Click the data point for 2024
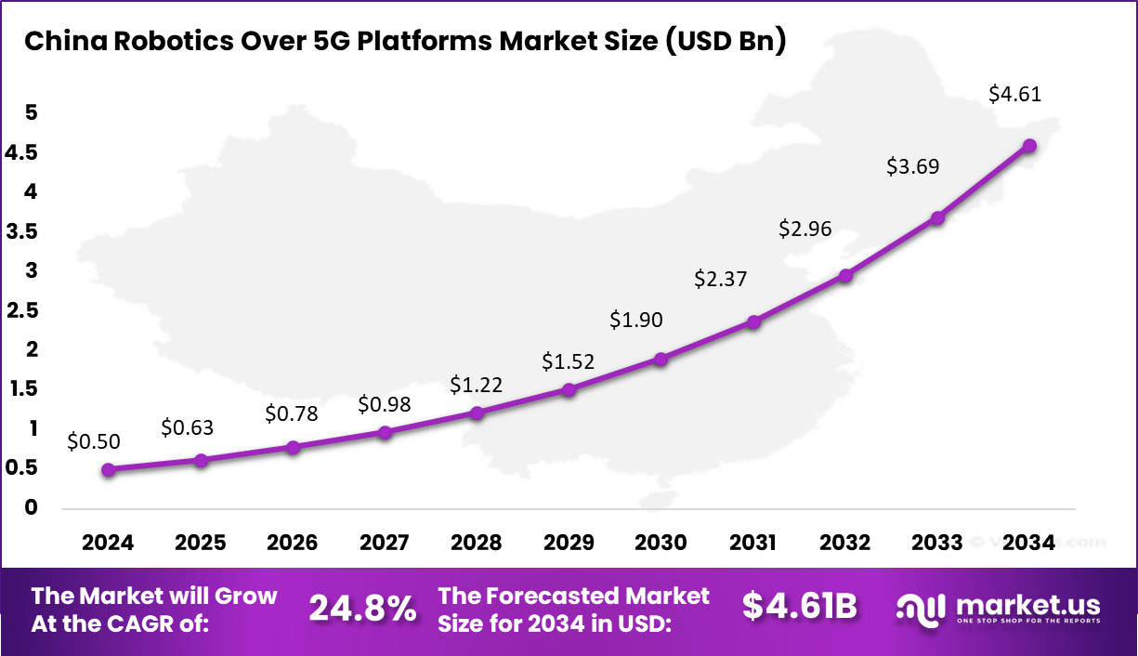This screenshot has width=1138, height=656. (109, 470)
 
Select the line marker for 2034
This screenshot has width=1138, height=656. (1029, 146)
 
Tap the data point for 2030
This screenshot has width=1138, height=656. (661, 359)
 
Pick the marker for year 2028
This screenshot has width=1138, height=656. (477, 413)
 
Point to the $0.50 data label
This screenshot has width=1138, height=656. (94, 442)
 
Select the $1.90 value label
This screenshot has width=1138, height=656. (635, 319)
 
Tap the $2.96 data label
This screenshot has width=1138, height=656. (805, 229)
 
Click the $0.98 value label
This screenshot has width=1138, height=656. (385, 404)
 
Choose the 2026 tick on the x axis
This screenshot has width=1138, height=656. (293, 543)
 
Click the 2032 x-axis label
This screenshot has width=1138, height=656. (845, 543)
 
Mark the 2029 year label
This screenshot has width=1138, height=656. (569, 543)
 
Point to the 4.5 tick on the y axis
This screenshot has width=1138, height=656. (21, 152)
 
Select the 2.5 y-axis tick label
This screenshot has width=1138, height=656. (21, 310)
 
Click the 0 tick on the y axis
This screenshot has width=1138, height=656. (32, 507)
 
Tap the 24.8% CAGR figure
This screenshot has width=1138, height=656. (362, 609)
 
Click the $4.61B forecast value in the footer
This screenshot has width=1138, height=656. (799, 606)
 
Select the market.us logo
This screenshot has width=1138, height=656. (999, 608)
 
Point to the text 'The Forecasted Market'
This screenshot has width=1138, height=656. (573, 596)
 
